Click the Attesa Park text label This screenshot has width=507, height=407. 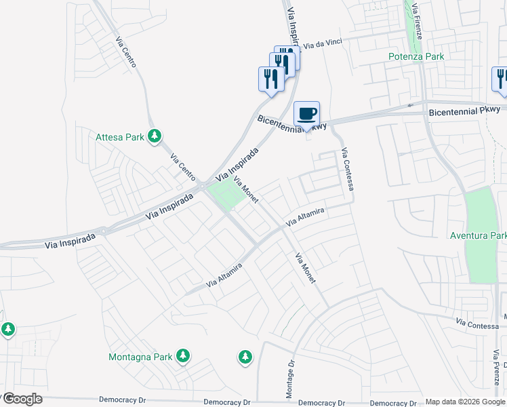(120, 137)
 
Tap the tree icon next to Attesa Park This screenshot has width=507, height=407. (155, 136)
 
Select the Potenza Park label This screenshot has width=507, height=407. (416, 56)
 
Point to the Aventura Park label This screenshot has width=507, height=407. (479, 236)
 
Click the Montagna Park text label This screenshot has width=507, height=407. (140, 356)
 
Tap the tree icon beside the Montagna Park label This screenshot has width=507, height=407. (182, 355)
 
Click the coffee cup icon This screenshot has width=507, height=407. (306, 113)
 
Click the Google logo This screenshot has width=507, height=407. (22, 398)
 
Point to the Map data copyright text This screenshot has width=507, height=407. (465, 402)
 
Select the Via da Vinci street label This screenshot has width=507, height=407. (323, 43)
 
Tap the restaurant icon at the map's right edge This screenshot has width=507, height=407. (500, 79)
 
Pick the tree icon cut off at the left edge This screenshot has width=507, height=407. (7, 330)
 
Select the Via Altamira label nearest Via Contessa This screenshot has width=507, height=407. (305, 218)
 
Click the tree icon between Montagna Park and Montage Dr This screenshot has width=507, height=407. (245, 355)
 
